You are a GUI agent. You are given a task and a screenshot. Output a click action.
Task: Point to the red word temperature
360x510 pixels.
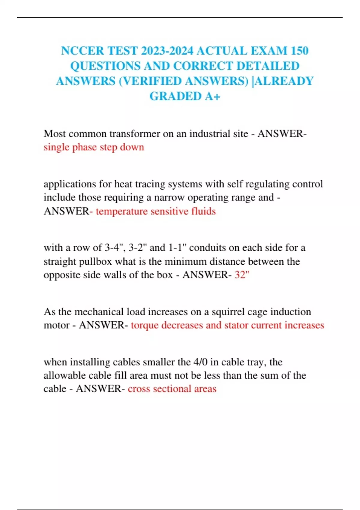click(122, 211)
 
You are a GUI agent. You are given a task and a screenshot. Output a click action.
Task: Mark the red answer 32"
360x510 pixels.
click(242, 275)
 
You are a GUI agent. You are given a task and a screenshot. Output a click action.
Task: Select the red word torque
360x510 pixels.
click(145, 325)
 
